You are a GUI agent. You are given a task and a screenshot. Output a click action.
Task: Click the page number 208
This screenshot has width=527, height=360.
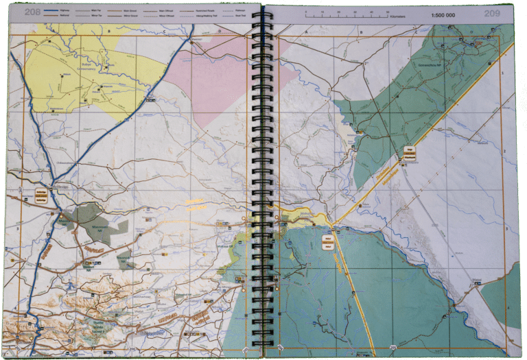(33, 12)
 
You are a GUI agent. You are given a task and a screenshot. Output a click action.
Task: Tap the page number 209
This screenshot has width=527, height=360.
(491, 13)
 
